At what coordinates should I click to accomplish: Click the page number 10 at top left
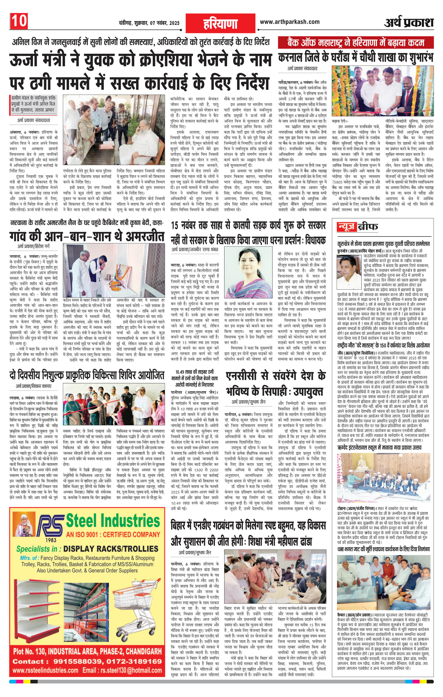tap(19, 21)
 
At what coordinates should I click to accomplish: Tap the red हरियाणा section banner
tap(220, 23)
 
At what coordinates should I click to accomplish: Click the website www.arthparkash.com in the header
tap(290, 22)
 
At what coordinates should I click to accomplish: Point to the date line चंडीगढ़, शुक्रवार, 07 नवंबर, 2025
tap(149, 23)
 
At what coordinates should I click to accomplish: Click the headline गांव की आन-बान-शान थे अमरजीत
tap(87, 236)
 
